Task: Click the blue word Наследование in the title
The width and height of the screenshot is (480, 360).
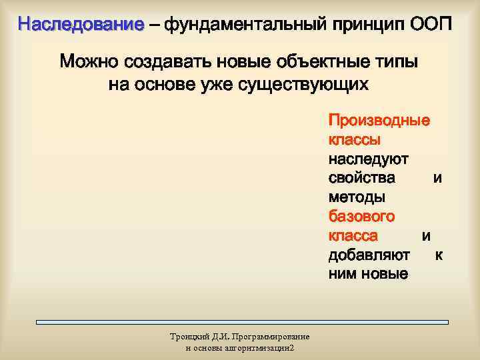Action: click(x=81, y=25)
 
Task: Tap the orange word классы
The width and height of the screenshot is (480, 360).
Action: click(x=355, y=141)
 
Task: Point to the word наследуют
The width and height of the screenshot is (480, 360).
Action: click(x=368, y=159)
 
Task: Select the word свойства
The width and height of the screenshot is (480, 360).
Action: click(x=361, y=179)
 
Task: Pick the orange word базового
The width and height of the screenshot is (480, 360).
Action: click(x=361, y=217)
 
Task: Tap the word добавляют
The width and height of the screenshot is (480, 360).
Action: click(x=369, y=255)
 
